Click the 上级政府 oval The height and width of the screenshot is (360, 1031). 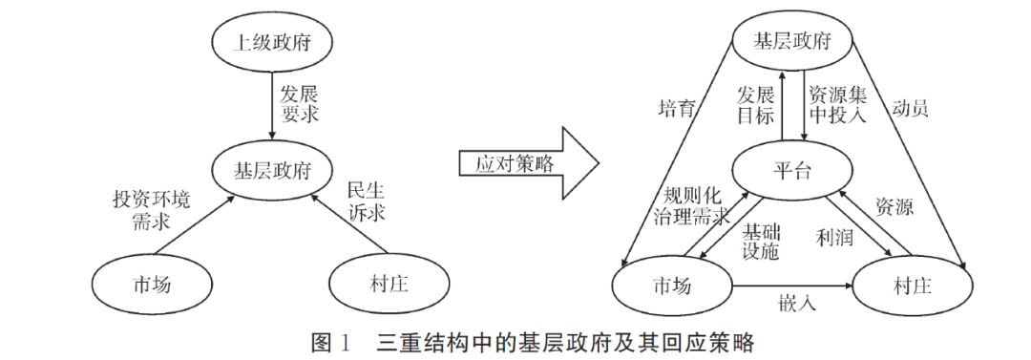(272, 42)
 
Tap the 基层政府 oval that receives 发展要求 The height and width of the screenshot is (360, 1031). (273, 172)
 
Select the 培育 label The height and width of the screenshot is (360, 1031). (677, 107)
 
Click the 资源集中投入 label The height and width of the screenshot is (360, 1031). (836, 105)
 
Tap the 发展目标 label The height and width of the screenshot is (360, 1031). (753, 105)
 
